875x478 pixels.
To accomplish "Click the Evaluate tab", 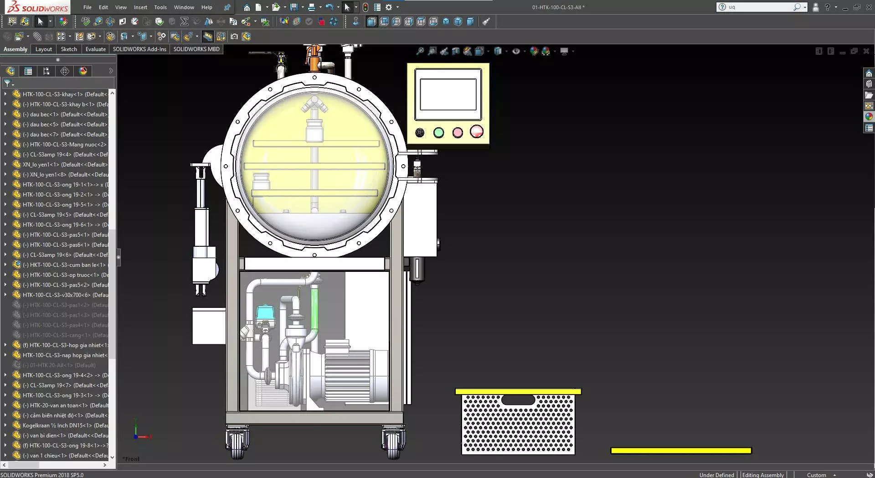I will tap(95, 49).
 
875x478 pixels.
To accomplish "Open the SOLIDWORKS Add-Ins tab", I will tap(139, 49).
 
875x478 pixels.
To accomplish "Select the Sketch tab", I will tap(69, 49).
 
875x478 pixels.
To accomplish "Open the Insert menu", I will tap(140, 7).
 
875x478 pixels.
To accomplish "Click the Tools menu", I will tap(160, 7).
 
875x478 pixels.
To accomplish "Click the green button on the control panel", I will tap(438, 133).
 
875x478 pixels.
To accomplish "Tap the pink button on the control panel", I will tap(457, 133).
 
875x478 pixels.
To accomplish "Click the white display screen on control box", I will tap(448, 94).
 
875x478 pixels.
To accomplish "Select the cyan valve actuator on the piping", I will tap(265, 312).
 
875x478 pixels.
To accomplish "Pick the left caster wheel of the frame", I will tap(237, 442).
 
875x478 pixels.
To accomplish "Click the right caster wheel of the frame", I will tap(393, 442).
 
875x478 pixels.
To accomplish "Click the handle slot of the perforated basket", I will tap(518, 400).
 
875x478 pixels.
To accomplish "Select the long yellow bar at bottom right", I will tap(681, 451).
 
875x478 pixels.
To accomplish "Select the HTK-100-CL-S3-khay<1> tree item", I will tap(64, 94).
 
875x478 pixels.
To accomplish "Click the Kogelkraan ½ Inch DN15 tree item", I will tap(64, 426).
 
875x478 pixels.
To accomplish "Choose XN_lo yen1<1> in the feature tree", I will tap(64, 165).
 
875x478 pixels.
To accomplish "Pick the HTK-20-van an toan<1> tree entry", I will tap(64, 405).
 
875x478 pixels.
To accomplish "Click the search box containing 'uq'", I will tap(759, 7).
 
